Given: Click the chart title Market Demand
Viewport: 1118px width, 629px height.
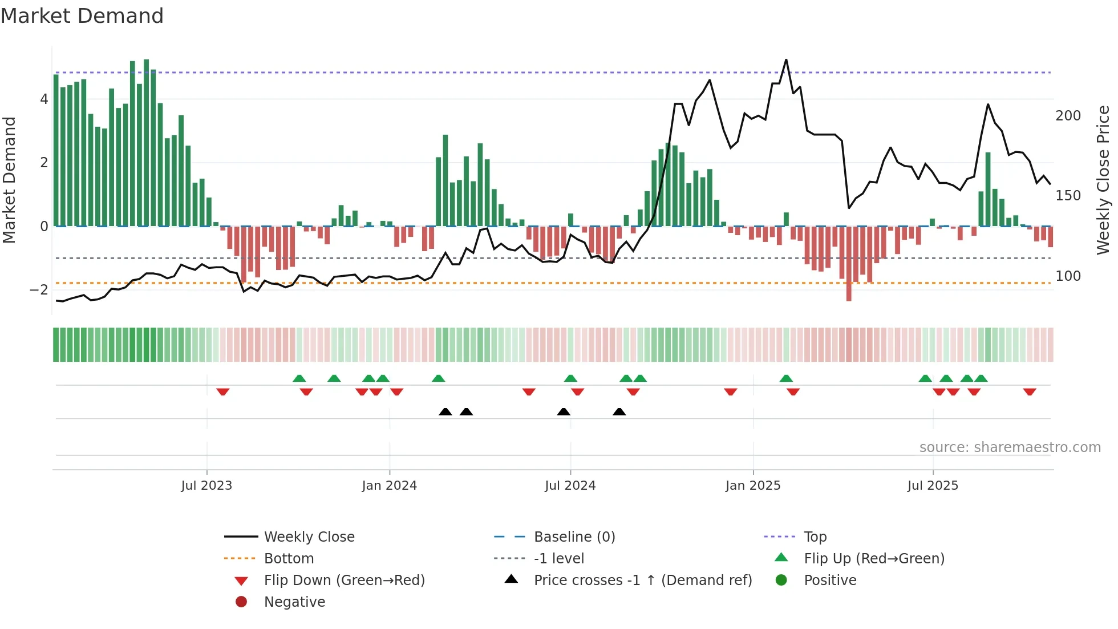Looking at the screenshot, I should point(82,15).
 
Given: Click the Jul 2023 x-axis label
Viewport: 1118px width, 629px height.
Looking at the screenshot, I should point(206,486).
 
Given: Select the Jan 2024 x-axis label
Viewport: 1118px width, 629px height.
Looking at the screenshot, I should point(389,486).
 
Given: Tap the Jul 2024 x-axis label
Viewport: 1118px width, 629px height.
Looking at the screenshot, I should point(570,486).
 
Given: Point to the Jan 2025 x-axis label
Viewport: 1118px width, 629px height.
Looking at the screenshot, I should point(752,486).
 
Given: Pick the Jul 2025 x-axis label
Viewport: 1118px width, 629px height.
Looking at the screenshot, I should point(933,486).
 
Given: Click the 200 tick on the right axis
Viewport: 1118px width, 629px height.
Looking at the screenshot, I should point(1068,116).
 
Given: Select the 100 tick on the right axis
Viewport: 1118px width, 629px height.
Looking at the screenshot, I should point(1068,276).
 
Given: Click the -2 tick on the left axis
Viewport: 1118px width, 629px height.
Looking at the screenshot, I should point(39,290).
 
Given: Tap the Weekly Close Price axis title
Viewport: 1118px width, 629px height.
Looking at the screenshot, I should point(1103,180).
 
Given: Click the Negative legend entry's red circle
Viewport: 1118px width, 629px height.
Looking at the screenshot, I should point(241,602).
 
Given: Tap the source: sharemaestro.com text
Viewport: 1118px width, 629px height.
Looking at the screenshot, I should point(1010,447).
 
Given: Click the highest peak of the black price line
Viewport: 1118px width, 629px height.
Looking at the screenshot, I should point(786,60).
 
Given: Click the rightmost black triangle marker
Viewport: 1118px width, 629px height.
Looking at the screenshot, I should point(619,412).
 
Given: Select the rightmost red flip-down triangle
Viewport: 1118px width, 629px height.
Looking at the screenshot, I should point(1030,392).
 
